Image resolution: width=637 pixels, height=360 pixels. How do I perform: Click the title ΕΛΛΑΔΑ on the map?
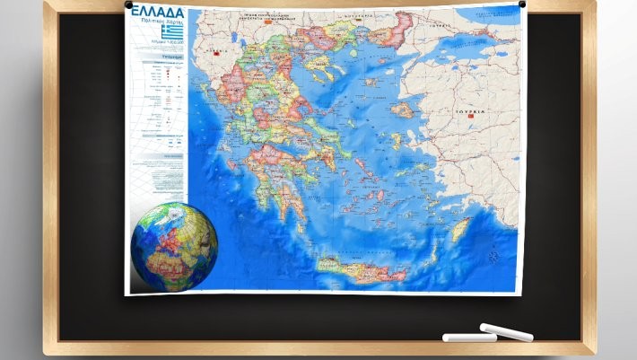(159, 19)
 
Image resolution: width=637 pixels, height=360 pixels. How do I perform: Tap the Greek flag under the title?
(171, 34)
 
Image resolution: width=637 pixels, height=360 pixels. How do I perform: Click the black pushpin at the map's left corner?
(130, 8)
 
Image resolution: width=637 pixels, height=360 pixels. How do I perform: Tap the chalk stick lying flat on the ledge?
(469, 338)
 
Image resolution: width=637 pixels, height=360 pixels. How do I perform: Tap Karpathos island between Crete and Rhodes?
(435, 250)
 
